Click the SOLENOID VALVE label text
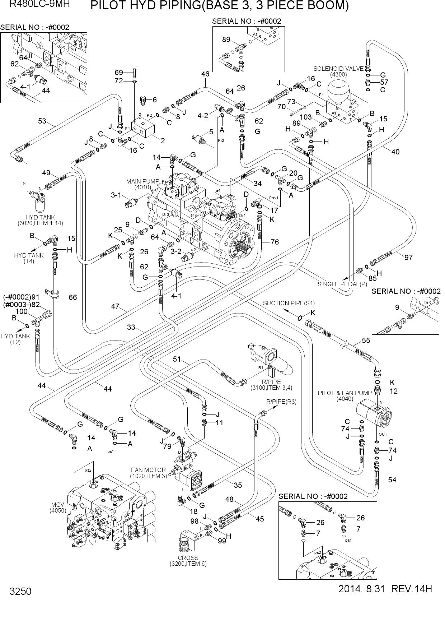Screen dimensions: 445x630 point(338,69)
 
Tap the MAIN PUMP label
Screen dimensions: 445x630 point(142,181)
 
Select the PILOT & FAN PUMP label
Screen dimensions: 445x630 point(345,393)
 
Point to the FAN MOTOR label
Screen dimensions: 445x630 point(148,470)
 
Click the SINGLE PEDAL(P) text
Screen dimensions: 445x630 point(342,284)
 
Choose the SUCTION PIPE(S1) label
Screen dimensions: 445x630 point(289,303)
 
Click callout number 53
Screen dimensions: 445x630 point(42,121)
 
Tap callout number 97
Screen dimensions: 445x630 point(408,257)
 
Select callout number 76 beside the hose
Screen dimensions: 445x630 point(275,242)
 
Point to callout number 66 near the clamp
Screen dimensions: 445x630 point(73,297)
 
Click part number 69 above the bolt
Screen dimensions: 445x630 point(119,73)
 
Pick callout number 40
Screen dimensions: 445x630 point(395,152)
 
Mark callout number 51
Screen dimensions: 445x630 point(177,359)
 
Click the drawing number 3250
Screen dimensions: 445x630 point(21,591)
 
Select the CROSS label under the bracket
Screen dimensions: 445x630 point(188,558)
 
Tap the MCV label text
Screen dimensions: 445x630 point(57,505)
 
